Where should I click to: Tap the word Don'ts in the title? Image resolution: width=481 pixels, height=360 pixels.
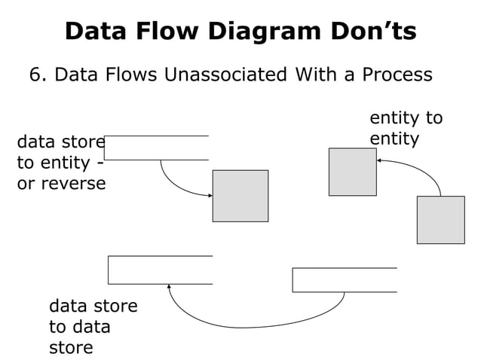[x=376, y=31]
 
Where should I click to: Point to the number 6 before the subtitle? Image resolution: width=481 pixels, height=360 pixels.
[x=35, y=75]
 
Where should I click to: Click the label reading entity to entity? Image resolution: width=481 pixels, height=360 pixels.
[x=405, y=128]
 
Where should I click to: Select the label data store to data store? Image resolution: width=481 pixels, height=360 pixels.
[x=92, y=326]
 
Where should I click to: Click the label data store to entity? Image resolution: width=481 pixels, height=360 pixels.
[x=60, y=162]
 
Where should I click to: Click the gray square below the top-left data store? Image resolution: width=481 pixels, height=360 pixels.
[x=240, y=196]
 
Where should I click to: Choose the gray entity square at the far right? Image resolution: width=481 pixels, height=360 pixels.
[x=440, y=220]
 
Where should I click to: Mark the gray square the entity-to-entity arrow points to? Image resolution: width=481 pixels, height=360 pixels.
[x=352, y=172]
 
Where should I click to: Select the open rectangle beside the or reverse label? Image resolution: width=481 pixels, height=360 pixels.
[x=157, y=148]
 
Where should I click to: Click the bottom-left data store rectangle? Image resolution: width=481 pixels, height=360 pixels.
[x=160, y=270]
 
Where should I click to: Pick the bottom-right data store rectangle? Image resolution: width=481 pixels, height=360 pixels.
[x=344, y=279]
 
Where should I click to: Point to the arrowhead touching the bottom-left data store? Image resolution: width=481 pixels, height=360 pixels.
[x=170, y=287]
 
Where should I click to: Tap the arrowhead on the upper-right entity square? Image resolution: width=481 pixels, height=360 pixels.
[x=379, y=160]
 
